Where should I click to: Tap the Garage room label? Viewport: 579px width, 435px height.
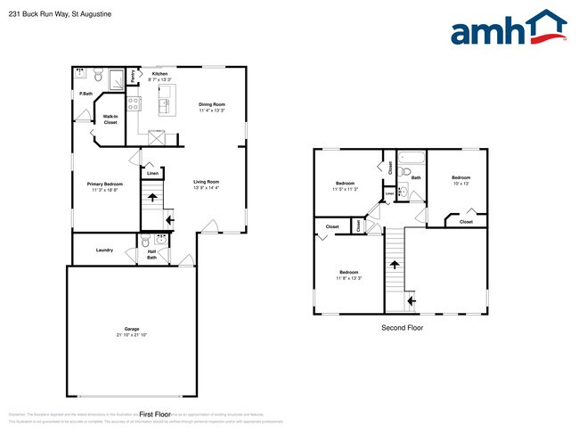pyautogui.click(x=131, y=329)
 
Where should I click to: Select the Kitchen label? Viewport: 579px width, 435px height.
pyautogui.click(x=159, y=73)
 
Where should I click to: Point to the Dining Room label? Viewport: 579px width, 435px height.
pyautogui.click(x=212, y=104)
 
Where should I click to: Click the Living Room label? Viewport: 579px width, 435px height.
pyautogui.click(x=207, y=182)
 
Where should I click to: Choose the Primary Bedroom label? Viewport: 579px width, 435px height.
pyautogui.click(x=105, y=184)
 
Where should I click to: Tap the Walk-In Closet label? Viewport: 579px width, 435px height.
pyautogui.click(x=110, y=119)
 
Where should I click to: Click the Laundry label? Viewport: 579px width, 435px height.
pyautogui.click(x=104, y=250)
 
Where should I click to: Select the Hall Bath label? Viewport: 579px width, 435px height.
pyautogui.click(x=151, y=254)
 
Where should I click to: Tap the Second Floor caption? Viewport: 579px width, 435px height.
pyautogui.click(x=402, y=328)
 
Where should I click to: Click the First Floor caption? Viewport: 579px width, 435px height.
pyautogui.click(x=155, y=414)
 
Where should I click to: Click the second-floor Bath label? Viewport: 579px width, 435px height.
pyautogui.click(x=416, y=177)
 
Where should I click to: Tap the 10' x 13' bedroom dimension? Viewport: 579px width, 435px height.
pyautogui.click(x=461, y=183)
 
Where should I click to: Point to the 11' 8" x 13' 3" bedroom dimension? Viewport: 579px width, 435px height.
pyautogui.click(x=348, y=277)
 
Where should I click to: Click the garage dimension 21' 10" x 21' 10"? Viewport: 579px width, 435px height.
pyautogui.click(x=131, y=334)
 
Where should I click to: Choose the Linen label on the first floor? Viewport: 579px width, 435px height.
pyautogui.click(x=151, y=173)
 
